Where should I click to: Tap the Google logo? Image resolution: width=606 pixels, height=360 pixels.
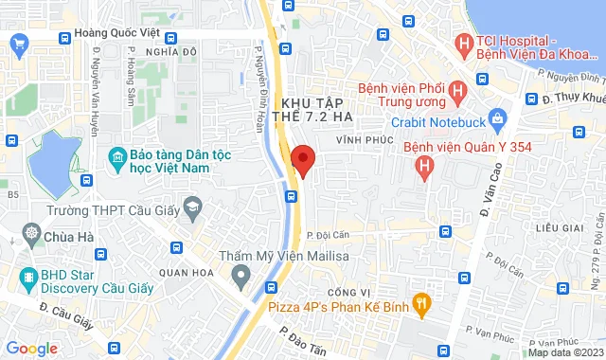[31, 348]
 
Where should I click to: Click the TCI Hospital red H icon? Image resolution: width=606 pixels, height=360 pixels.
[464, 43]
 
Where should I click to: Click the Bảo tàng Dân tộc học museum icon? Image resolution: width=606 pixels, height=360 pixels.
[117, 155]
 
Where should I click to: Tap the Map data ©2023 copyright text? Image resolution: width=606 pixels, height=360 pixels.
[564, 352]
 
